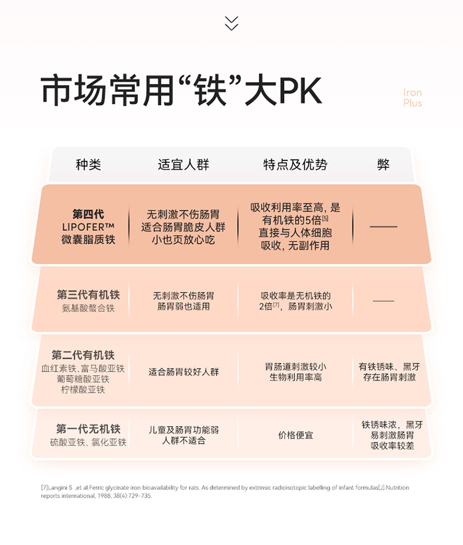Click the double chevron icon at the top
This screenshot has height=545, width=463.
[231, 23]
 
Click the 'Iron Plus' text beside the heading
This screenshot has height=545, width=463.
[412, 98]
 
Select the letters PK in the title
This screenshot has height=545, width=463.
[301, 91]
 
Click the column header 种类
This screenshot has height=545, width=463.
[88, 164]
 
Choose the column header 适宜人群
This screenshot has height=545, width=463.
[183, 164]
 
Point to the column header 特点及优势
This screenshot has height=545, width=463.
[295, 164]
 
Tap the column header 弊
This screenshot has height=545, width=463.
[383, 164]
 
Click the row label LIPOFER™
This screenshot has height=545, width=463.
[88, 227]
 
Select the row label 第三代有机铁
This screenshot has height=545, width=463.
[88, 295]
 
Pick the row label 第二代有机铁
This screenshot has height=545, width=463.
[83, 355]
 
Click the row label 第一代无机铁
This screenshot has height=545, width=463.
[88, 428]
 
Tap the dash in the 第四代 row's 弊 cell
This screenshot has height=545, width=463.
[383, 227]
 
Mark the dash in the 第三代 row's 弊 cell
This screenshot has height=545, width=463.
[383, 301]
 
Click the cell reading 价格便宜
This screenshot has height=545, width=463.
[295, 435]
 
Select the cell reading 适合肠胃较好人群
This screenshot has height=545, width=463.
[183, 372]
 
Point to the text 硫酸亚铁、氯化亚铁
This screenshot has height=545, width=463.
[88, 443]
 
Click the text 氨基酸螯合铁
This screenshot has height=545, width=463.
[88, 308]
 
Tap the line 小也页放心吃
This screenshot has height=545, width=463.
[183, 239]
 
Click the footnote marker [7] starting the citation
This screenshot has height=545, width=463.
[44, 488]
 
